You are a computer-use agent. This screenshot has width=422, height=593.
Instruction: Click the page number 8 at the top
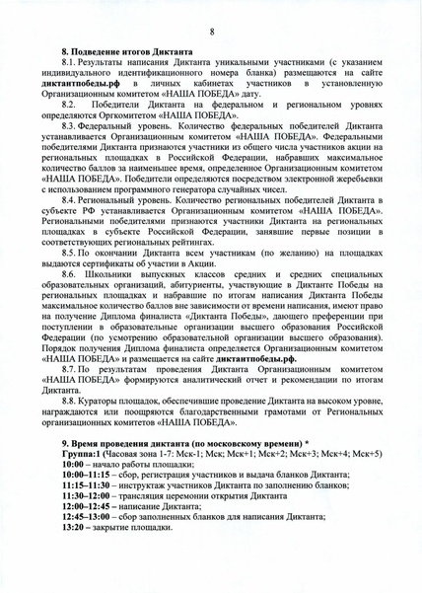pos(212,32)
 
